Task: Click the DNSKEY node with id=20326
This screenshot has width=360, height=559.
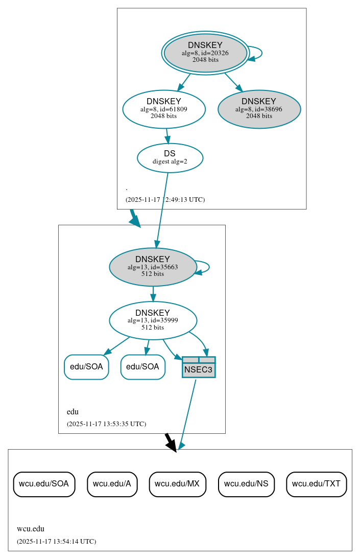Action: (205, 53)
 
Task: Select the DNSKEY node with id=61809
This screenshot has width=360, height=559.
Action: (164, 109)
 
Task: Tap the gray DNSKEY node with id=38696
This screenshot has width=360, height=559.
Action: (259, 109)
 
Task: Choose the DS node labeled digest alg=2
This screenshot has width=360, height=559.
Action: (170, 157)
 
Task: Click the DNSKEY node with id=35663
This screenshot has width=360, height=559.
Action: (153, 267)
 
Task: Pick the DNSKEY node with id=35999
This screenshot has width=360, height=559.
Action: (153, 320)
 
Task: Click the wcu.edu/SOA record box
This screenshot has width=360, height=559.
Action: (44, 484)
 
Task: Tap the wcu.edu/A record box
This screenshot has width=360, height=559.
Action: (112, 484)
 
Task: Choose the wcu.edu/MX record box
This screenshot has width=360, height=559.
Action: (177, 484)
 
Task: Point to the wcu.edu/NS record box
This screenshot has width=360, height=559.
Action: (246, 484)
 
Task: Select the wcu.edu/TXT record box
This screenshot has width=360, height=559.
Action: (317, 484)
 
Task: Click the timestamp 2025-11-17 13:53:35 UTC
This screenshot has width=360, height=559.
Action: (106, 424)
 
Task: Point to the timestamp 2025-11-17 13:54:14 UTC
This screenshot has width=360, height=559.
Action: (56, 541)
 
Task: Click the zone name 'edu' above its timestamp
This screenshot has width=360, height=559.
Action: (73, 411)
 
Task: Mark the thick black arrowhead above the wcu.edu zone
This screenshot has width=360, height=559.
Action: (172, 444)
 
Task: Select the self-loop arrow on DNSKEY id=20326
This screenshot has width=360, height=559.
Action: (258, 53)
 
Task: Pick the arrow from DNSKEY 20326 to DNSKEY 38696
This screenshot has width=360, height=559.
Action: (233, 82)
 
